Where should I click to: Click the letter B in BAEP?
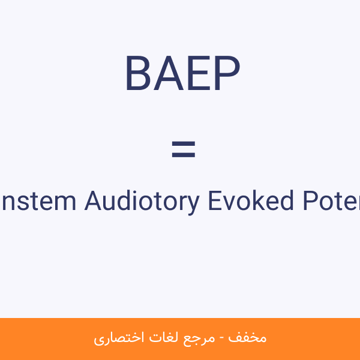(x=137, y=74)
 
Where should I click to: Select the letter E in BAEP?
(x=196, y=74)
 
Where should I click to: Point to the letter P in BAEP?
(x=226, y=74)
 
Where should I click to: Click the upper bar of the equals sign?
(x=183, y=144)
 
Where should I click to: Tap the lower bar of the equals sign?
(x=183, y=155)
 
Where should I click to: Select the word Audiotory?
(x=141, y=201)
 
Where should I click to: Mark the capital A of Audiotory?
(x=92, y=200)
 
